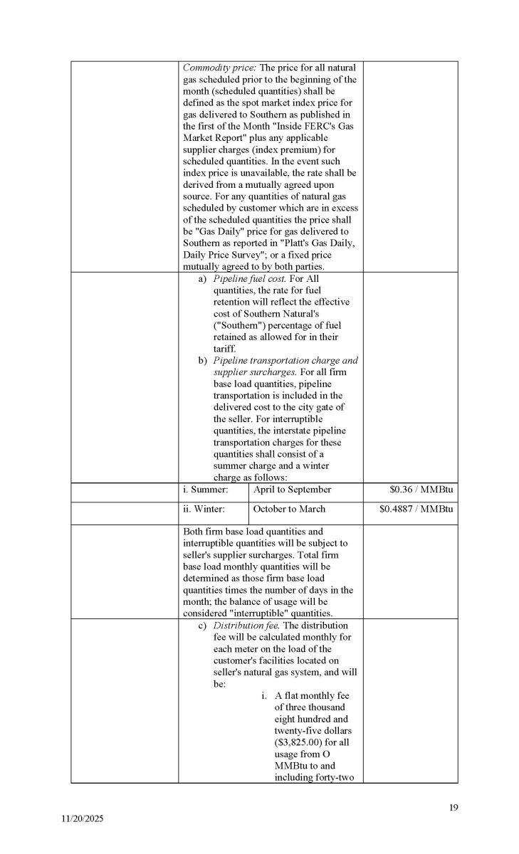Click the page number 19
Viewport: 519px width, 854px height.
coord(454,807)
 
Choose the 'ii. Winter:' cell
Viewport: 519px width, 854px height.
coord(204,509)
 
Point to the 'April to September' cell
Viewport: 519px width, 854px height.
coord(293,490)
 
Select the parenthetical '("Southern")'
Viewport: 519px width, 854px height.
coord(240,325)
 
